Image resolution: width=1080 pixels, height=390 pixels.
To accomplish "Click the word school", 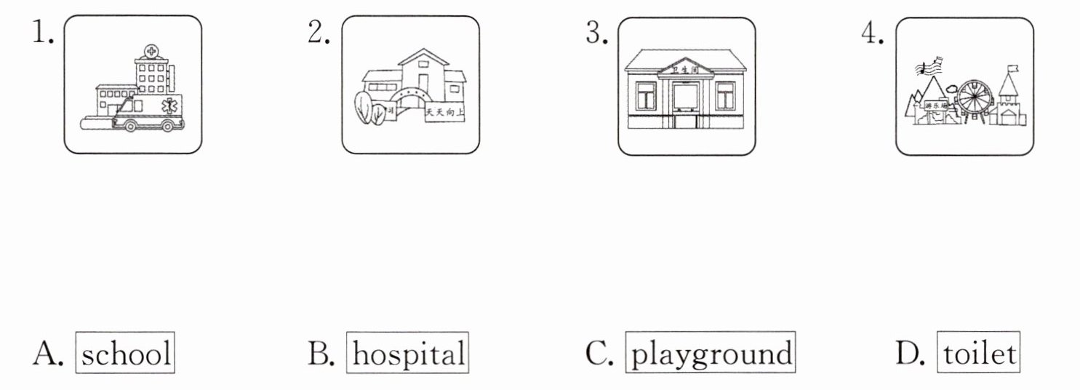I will (126, 354).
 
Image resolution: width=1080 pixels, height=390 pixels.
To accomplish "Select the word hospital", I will (407, 354).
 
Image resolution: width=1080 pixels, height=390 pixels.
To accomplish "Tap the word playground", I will (711, 354).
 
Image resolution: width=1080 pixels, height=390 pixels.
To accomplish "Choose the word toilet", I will (978, 354).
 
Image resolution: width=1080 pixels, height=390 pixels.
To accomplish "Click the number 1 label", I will (41, 33).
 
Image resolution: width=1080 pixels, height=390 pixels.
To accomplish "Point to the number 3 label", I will (596, 33).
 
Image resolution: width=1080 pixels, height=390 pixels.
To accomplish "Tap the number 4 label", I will (873, 33).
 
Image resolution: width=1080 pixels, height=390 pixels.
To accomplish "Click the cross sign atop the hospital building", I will (151, 52).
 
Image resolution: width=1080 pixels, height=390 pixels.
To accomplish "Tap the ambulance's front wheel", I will (131, 125).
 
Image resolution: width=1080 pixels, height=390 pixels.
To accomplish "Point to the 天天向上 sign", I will (444, 112).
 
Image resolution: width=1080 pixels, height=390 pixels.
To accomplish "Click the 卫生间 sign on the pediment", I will (686, 70).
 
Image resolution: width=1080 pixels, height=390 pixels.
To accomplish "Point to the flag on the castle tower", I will (1012, 71).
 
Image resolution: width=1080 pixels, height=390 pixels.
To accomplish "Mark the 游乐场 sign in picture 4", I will (936, 107).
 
